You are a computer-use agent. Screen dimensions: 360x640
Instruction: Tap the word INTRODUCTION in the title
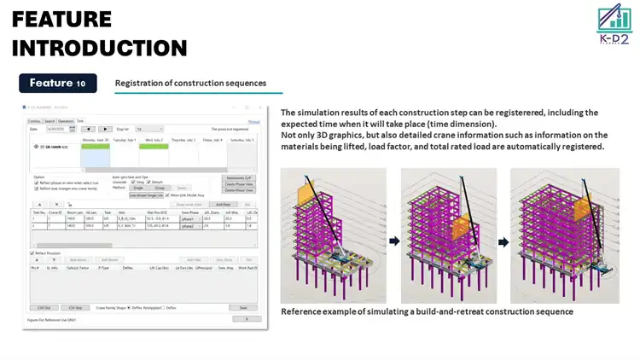(x=99, y=48)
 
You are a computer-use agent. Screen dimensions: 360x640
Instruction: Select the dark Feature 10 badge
(x=58, y=84)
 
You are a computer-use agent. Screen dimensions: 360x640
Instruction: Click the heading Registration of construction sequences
(x=190, y=84)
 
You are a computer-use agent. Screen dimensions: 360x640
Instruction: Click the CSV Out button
(x=44, y=307)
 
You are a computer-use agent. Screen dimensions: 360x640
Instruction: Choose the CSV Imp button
(x=75, y=307)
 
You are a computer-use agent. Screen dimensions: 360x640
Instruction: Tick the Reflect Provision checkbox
(x=32, y=252)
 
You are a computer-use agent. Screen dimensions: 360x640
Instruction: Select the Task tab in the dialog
(x=80, y=121)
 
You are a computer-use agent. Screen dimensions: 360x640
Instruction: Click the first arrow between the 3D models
(x=393, y=241)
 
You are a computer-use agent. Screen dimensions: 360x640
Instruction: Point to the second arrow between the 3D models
(x=503, y=241)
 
